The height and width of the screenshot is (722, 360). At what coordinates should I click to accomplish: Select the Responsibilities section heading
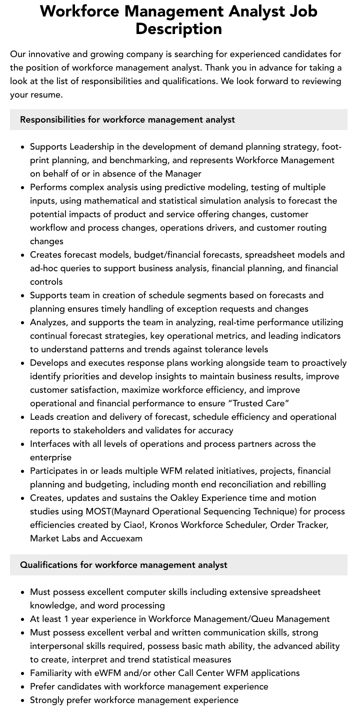pyautogui.click(x=127, y=120)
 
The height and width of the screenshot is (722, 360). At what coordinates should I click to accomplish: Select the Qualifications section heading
pyautogui.click(x=123, y=565)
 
